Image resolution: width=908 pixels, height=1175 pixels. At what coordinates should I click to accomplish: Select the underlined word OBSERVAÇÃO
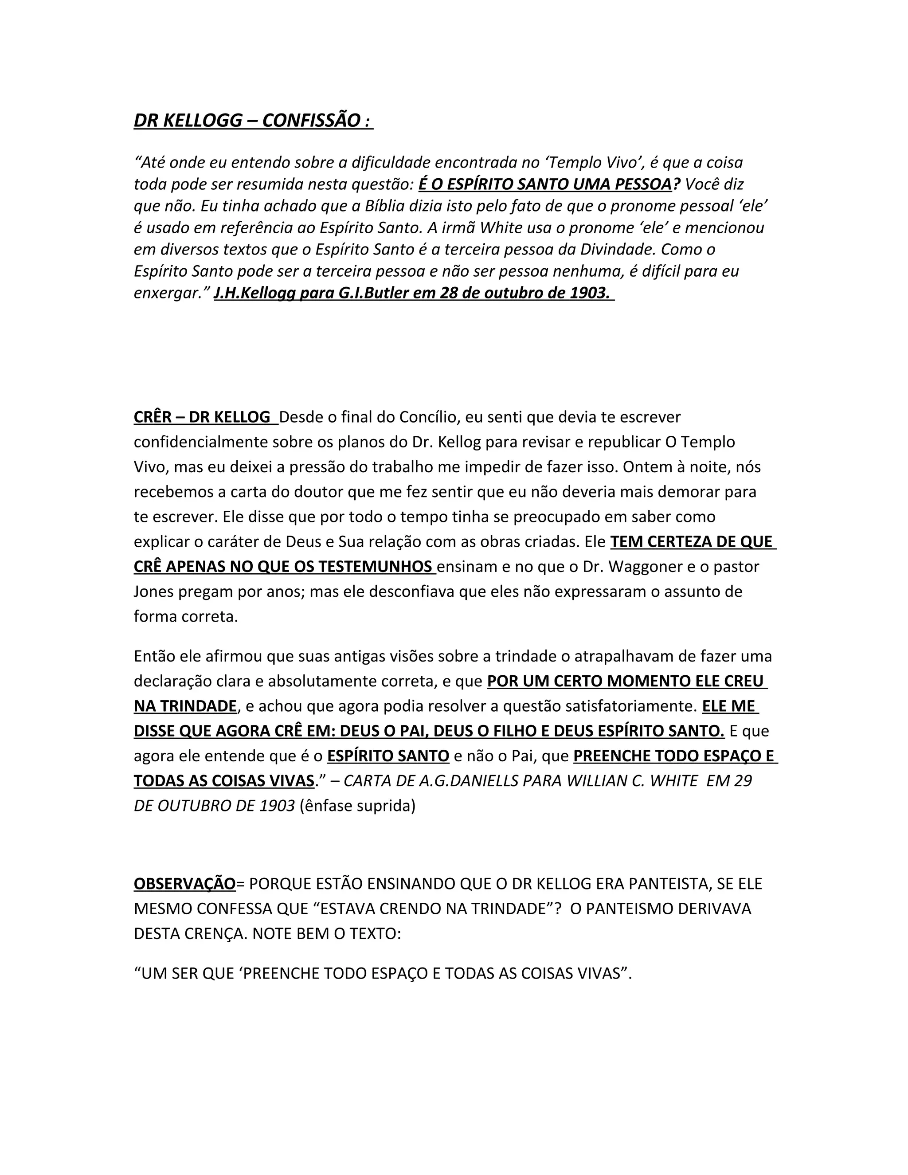pyautogui.click(x=184, y=884)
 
